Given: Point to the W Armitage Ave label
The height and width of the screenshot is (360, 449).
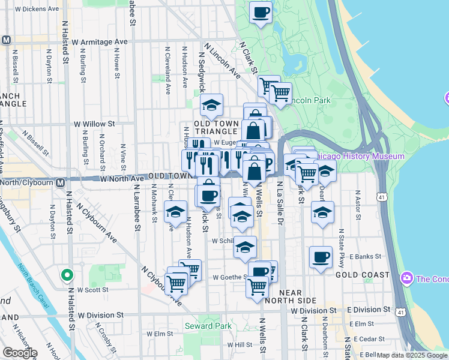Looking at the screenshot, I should (100, 42).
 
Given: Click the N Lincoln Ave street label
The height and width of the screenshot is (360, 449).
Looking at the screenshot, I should (222, 60).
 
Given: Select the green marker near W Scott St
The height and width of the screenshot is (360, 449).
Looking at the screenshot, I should (67, 275).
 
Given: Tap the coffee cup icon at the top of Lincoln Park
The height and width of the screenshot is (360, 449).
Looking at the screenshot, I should (261, 11).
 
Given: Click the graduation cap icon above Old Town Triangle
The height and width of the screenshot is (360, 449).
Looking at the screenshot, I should (211, 105).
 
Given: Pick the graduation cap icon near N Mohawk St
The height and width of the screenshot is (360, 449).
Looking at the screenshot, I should (175, 212).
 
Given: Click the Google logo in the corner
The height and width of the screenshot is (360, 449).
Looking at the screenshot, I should (20, 352).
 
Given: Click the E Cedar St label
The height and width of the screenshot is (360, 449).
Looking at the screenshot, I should (369, 338).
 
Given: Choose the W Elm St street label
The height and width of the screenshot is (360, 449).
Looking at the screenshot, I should (159, 334).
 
